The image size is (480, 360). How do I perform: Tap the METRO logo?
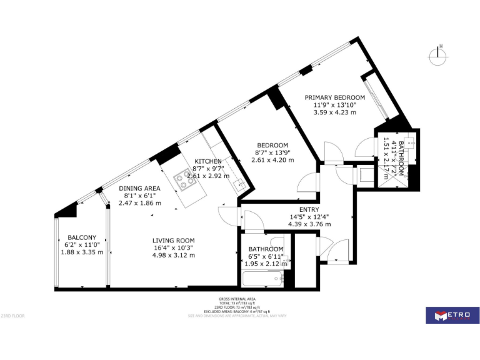point(452,315)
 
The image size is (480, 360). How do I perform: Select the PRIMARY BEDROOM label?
point(334,97)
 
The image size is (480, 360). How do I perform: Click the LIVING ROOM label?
point(174,241)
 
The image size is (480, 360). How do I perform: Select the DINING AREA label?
point(140,188)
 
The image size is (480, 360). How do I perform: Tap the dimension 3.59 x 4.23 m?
point(334,113)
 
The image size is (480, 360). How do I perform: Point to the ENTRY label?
point(309,210)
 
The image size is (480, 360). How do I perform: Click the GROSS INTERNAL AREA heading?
point(237,299)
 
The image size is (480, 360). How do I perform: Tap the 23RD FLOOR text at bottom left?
point(12,316)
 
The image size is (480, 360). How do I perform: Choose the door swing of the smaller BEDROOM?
point(308,183)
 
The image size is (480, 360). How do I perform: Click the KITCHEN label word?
point(208,161)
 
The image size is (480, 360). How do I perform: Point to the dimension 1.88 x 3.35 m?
point(82,252)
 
